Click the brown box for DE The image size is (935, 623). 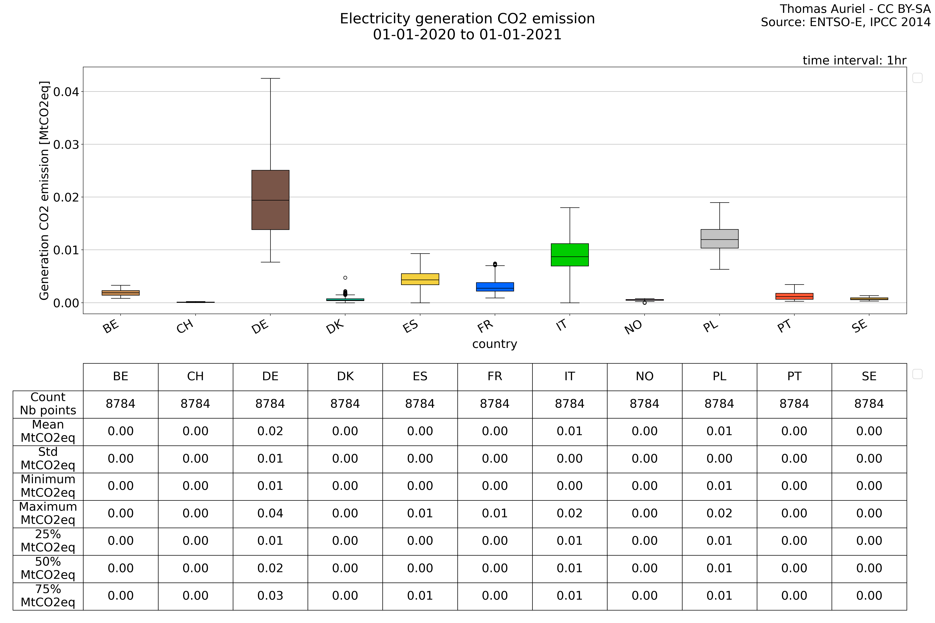point(270,200)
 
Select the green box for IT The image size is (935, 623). point(570,255)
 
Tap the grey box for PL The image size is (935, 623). point(720,239)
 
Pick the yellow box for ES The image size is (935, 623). point(420,279)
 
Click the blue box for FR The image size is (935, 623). point(495,287)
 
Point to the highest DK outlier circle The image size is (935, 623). point(345,278)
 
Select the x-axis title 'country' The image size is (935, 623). point(495,344)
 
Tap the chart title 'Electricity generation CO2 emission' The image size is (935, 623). point(467,19)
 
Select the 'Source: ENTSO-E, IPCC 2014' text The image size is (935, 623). point(846,22)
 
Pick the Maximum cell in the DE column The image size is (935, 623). point(270,513)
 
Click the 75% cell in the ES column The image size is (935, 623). point(420,596)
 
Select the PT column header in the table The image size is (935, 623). point(794,376)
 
